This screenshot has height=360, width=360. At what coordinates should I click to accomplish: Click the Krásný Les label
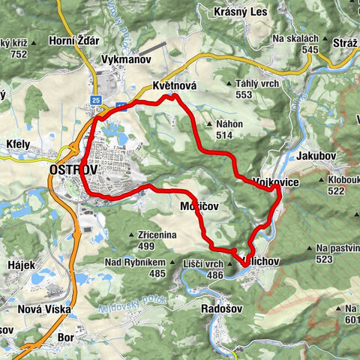pos(241,12)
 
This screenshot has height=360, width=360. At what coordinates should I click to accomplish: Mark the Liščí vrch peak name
pos(203,265)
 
